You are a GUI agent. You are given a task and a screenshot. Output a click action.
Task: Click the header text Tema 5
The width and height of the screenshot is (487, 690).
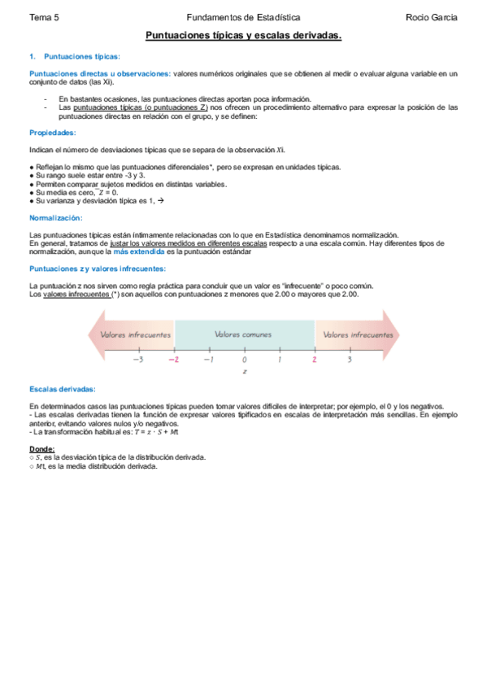tap(44, 16)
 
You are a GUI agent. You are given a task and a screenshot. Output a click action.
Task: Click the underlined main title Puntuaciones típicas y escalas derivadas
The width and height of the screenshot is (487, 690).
tap(243, 36)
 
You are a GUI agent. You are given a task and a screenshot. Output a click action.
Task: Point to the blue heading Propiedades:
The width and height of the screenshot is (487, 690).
tap(53, 133)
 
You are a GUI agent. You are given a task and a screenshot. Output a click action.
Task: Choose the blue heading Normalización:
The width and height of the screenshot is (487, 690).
tap(55, 218)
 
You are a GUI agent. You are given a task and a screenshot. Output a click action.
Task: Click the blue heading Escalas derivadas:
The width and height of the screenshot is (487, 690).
tap(63, 389)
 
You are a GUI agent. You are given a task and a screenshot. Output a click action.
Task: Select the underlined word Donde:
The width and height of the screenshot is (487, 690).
tap(42, 448)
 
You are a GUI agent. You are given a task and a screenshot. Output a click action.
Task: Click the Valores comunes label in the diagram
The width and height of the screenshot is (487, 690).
tap(243, 334)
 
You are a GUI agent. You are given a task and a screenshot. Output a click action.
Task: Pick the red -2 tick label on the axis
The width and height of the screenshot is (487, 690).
tap(172, 359)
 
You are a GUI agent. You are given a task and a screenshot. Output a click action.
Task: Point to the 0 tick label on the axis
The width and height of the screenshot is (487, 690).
tap(244, 359)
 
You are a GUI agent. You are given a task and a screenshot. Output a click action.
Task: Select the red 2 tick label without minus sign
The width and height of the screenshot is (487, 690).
tap(314, 359)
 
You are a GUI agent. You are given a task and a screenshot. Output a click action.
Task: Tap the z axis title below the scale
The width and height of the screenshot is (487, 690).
tap(244, 372)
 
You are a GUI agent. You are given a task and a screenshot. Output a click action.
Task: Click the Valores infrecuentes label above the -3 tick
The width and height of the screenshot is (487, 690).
tap(136, 334)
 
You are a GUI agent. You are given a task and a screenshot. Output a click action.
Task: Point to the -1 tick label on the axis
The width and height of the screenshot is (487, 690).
tap(208, 359)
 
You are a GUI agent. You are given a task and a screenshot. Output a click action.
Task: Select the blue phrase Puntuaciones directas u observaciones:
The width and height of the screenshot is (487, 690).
tap(100, 73)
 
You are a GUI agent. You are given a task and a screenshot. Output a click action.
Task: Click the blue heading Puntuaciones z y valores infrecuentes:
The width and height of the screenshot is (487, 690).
tap(98, 269)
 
